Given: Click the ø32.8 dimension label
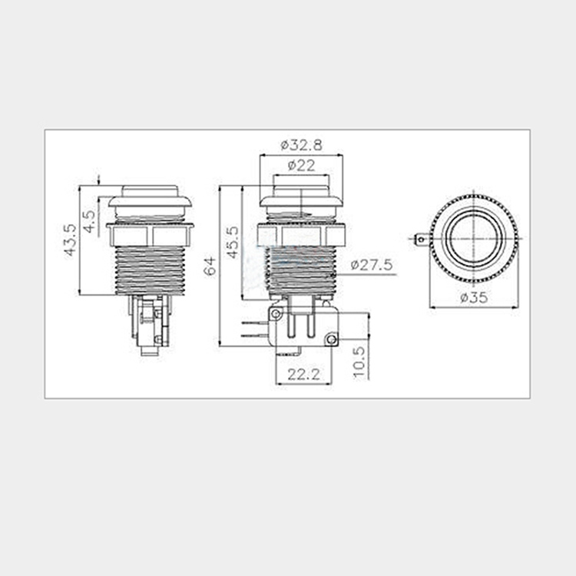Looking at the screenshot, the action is (x=301, y=145).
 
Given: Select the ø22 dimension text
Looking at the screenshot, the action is (x=301, y=166).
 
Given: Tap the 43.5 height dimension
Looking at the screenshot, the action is (x=70, y=240).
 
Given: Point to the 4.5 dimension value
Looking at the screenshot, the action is (x=89, y=221).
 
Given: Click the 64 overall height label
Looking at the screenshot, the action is (x=210, y=266).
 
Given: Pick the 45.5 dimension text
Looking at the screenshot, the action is (x=232, y=243).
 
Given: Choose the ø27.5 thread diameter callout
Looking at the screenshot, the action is (x=372, y=264).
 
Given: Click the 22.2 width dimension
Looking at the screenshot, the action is (x=304, y=375).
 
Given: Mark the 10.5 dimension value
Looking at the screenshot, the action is (x=359, y=362).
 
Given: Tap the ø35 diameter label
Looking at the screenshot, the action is (x=474, y=297).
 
